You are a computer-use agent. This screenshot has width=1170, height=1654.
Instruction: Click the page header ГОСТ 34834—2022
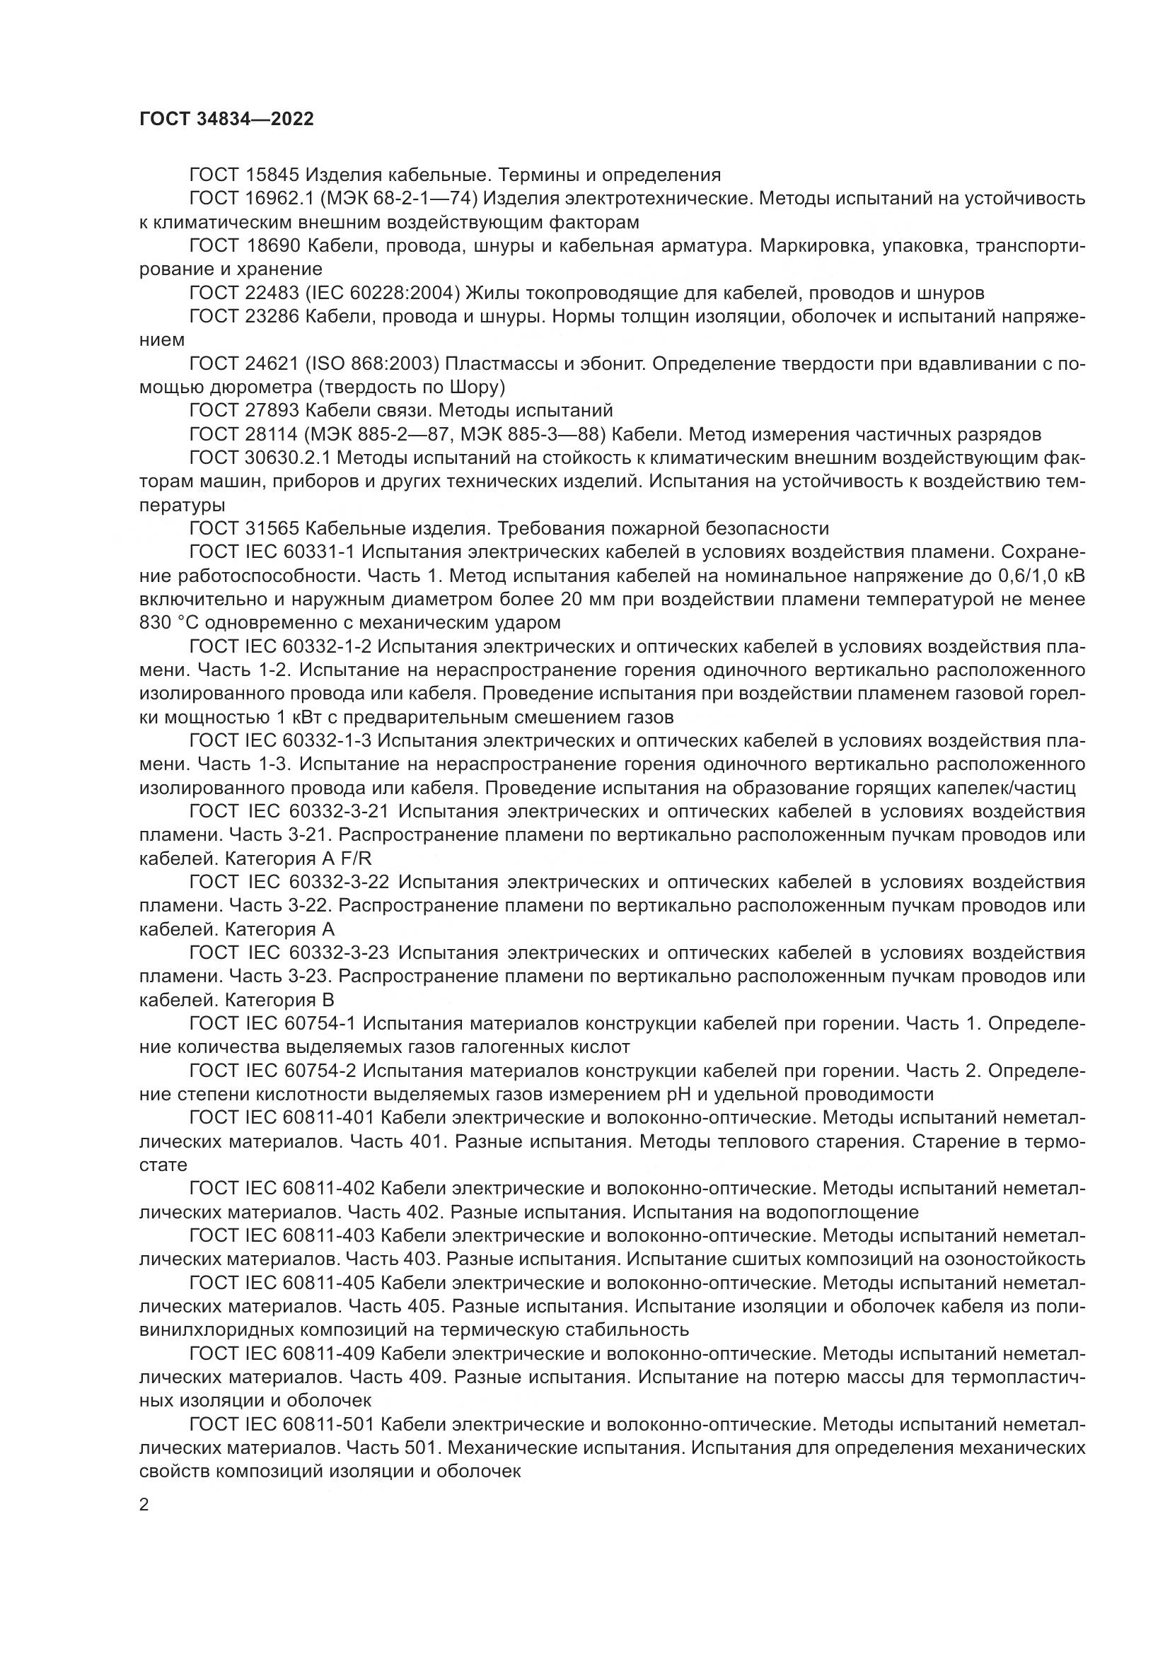point(226,119)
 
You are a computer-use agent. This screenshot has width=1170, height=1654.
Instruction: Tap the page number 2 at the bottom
point(144,1504)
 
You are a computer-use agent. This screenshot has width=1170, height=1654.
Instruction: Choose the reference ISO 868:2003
point(376,363)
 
